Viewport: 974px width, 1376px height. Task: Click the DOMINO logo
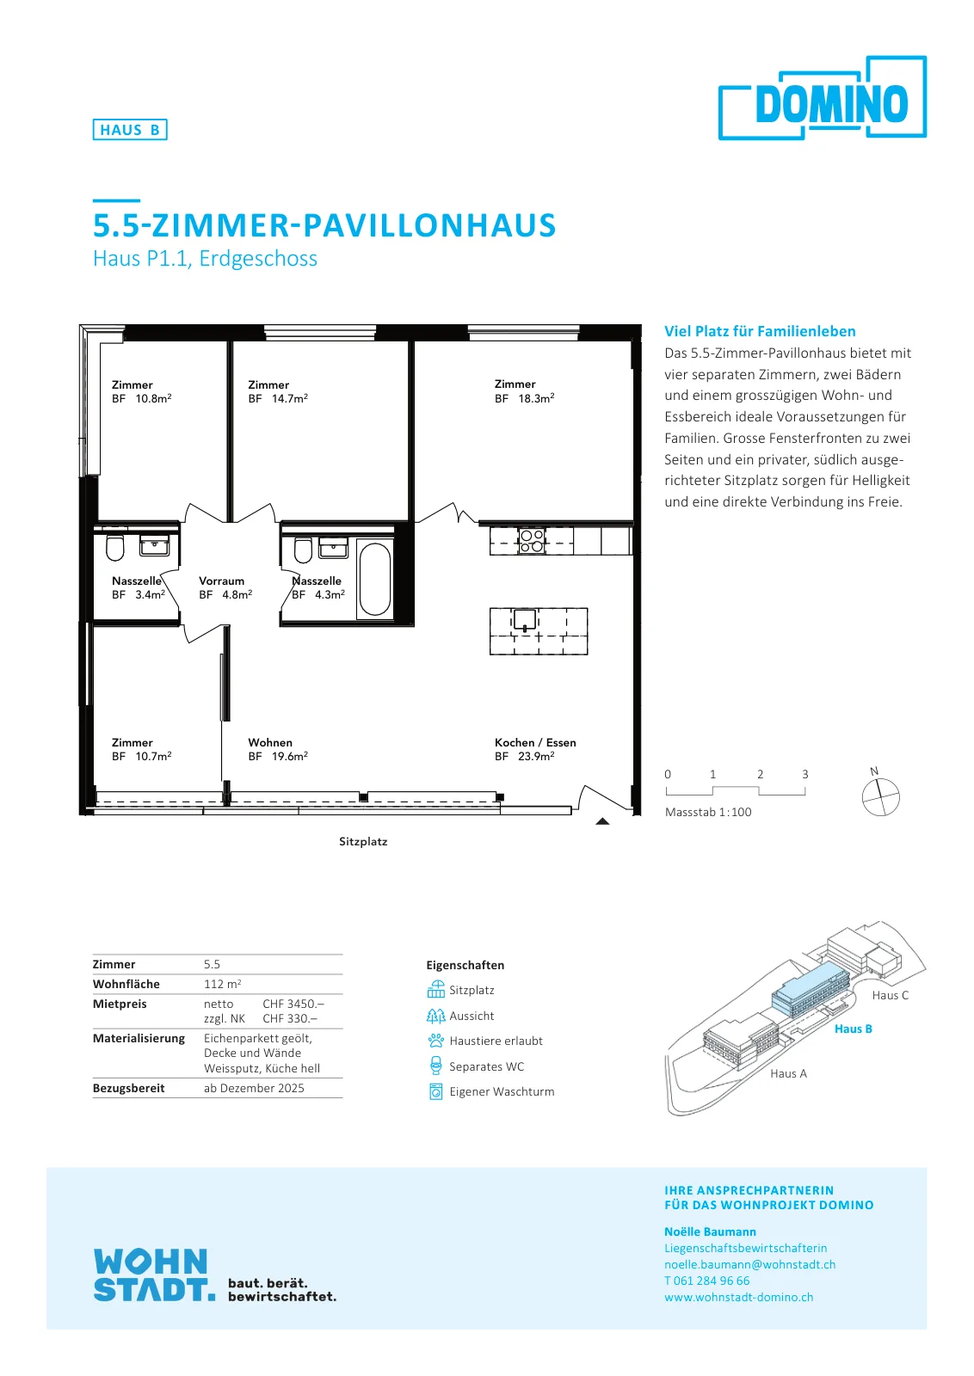[x=823, y=98]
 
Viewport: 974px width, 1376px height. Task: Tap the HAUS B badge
[x=130, y=130]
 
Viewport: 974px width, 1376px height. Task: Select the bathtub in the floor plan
[x=375, y=579]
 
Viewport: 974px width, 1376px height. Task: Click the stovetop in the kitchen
[x=531, y=541]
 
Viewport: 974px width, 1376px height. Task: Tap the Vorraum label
[x=221, y=580]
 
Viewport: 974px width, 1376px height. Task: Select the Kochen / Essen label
[x=535, y=742]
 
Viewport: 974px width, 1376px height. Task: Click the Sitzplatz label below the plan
[x=363, y=842]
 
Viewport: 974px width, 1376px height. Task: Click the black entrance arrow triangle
[x=602, y=820]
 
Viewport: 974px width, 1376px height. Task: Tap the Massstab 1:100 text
[x=708, y=812]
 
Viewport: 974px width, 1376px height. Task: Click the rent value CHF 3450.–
[x=293, y=1003]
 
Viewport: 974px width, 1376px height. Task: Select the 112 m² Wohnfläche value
[x=223, y=984]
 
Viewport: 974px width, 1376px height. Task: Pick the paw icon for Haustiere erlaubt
[x=435, y=1040]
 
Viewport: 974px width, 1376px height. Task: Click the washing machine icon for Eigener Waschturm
[x=435, y=1091]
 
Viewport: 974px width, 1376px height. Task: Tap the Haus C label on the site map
[x=890, y=995]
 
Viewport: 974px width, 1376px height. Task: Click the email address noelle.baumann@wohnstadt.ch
[x=749, y=1264]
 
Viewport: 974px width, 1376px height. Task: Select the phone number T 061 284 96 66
[x=706, y=1281]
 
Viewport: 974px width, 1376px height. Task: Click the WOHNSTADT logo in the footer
[x=154, y=1275]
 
